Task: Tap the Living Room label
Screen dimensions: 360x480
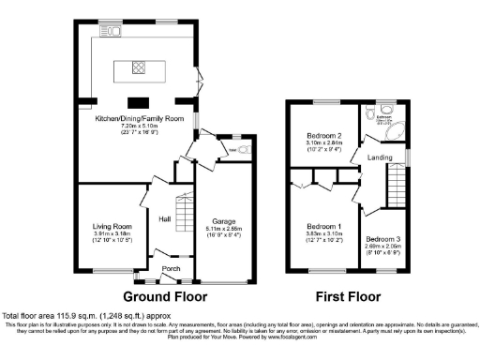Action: pos(112,226)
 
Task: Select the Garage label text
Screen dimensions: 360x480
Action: pos(223,220)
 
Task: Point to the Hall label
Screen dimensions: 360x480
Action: pos(165,218)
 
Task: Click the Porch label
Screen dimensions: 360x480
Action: pos(172,269)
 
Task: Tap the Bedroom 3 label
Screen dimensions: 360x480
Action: pos(383,238)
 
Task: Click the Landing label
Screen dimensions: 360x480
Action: pos(380,157)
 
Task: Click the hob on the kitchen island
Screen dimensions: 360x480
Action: pos(137,67)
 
